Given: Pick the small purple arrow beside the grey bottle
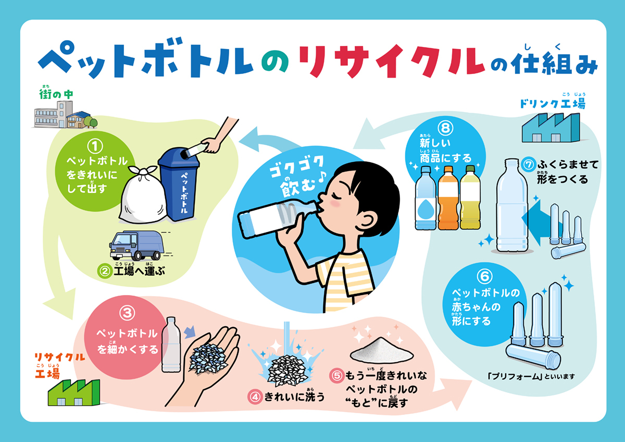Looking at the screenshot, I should pyautogui.click(x=191, y=331).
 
